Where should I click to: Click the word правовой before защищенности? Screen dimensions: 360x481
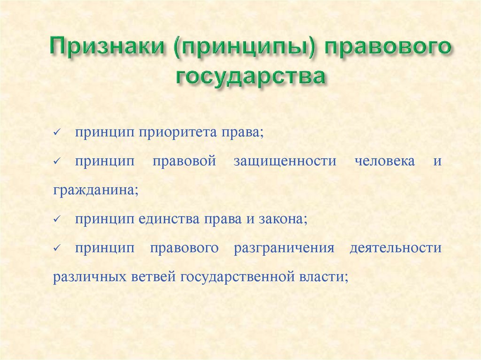click(x=184, y=161)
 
